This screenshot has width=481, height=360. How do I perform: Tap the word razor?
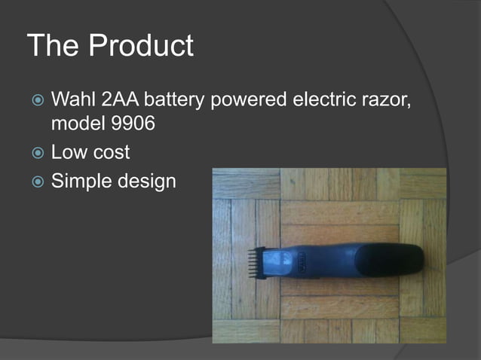[x=385, y=99]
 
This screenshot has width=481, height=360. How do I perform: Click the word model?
[x=76, y=124]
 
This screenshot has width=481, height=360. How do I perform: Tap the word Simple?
[x=82, y=181]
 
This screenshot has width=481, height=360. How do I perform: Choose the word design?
[x=147, y=181]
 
